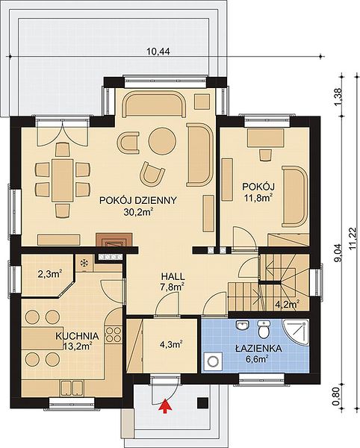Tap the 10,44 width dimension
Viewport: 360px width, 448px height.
coord(158,52)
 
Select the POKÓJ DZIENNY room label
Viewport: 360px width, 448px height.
coord(138,200)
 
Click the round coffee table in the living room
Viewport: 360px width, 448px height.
coord(162,141)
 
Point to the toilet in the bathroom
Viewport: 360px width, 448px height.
coord(264,329)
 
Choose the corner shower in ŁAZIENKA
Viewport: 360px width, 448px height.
coord(297,332)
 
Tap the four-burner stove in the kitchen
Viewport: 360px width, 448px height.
coord(113,335)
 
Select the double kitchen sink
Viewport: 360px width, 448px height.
coord(72,388)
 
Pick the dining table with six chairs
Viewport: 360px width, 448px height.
coord(63,180)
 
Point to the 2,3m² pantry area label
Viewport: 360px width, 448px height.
coord(50,274)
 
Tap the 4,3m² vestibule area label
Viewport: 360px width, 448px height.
coord(170,344)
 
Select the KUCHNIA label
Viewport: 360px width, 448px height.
coord(77,336)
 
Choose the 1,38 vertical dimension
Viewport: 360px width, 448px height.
coord(338,96)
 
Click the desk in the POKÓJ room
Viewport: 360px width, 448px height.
coord(265,137)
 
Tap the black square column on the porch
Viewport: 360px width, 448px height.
coord(202,403)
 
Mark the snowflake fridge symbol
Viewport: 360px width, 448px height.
coord(84,263)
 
